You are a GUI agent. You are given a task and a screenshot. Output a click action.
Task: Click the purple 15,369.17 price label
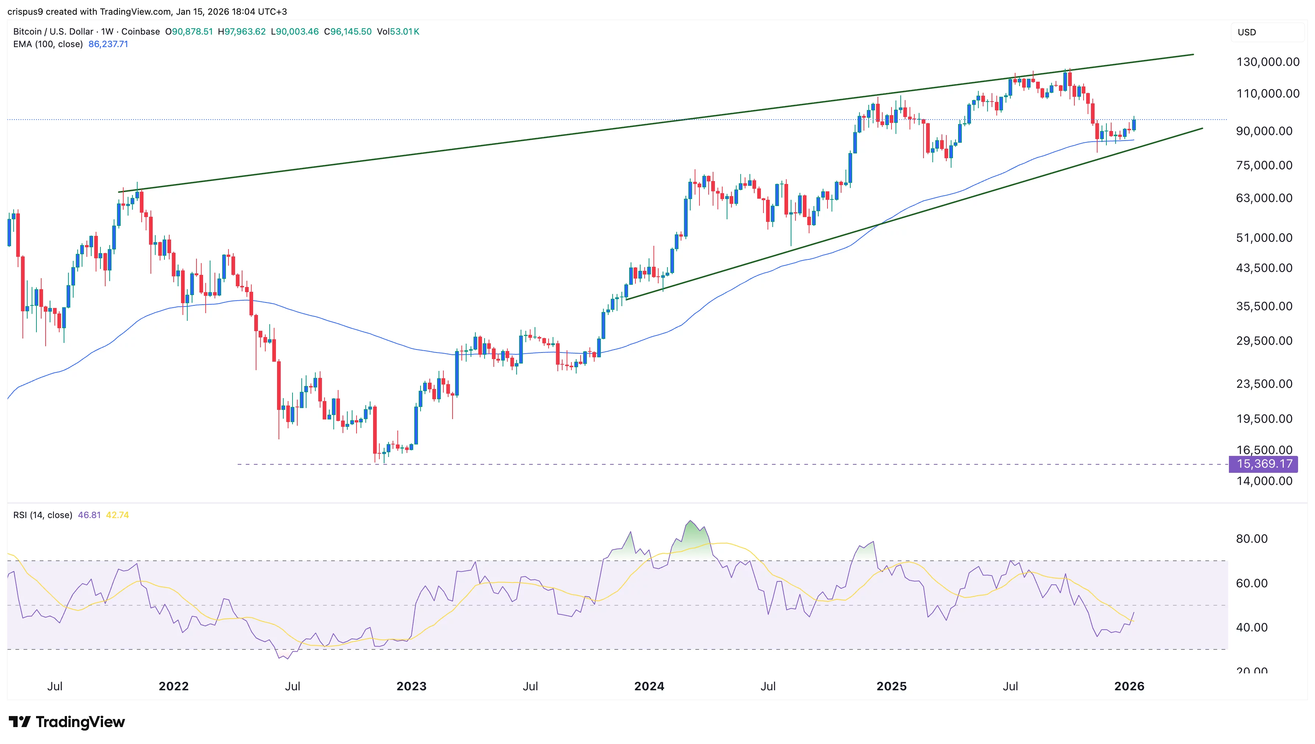point(1263,464)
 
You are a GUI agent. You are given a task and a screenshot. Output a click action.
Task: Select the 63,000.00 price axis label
point(1263,198)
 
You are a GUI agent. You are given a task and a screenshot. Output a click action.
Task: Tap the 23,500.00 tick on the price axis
point(1263,384)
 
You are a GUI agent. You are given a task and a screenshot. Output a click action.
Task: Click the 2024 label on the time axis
point(649,686)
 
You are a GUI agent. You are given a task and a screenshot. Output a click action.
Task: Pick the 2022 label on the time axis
point(174,686)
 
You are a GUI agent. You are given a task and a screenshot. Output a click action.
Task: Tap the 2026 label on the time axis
point(1129,686)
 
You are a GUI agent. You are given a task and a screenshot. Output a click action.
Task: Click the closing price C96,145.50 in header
point(347,32)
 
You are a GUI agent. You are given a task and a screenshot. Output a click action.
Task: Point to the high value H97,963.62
point(242,32)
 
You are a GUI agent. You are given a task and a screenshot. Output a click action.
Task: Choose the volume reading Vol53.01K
point(398,32)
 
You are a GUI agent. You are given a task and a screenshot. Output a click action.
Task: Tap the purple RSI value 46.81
point(89,515)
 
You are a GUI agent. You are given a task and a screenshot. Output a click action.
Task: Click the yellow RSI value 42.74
point(117,515)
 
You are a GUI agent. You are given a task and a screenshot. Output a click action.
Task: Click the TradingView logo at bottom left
point(67,722)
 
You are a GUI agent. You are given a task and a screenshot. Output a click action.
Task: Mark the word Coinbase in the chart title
point(141,32)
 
